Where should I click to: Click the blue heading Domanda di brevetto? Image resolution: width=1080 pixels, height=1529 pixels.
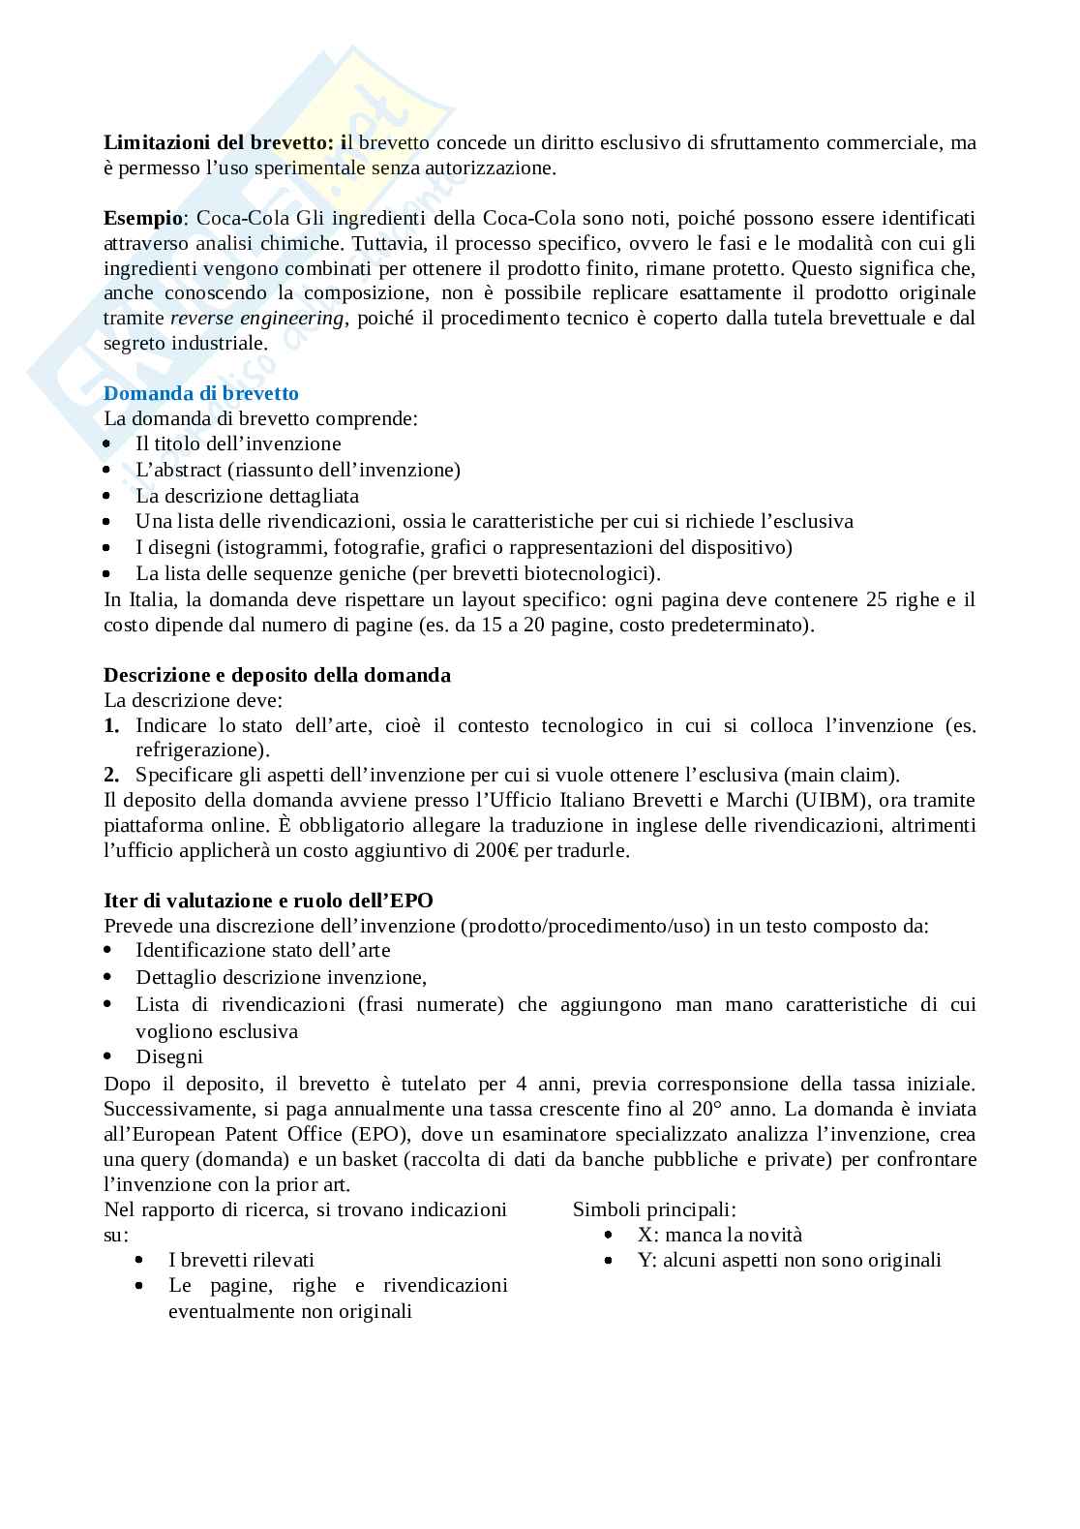(x=201, y=393)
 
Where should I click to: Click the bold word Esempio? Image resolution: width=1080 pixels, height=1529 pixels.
(x=142, y=218)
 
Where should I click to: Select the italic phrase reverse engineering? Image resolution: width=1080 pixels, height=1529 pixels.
(x=256, y=319)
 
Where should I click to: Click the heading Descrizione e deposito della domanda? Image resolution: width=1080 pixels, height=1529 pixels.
(x=277, y=675)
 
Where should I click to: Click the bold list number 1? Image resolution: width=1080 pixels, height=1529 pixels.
(x=111, y=725)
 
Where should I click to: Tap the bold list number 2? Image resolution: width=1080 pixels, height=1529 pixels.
(x=111, y=775)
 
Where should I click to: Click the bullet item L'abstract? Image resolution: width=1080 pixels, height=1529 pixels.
(x=298, y=470)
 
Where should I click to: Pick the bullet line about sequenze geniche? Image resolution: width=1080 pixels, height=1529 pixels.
(x=399, y=573)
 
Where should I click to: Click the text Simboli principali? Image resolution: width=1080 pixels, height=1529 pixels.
(x=654, y=1209)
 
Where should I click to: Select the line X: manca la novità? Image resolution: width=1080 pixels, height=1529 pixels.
(x=719, y=1235)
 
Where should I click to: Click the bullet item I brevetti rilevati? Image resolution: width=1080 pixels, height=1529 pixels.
(x=241, y=1260)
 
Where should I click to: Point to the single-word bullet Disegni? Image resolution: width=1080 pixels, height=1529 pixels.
(x=169, y=1056)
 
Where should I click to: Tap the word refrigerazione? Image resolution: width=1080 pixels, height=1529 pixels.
(x=200, y=749)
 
